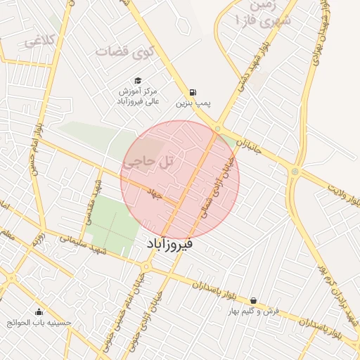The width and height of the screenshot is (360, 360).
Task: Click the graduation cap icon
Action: (138, 80)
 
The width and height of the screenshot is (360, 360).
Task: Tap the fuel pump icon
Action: (192, 92)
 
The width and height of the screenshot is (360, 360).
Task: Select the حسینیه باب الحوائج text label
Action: (39, 323)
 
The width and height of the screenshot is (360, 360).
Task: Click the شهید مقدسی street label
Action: (94, 200)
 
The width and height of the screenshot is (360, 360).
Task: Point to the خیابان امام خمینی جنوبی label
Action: (143, 310)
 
